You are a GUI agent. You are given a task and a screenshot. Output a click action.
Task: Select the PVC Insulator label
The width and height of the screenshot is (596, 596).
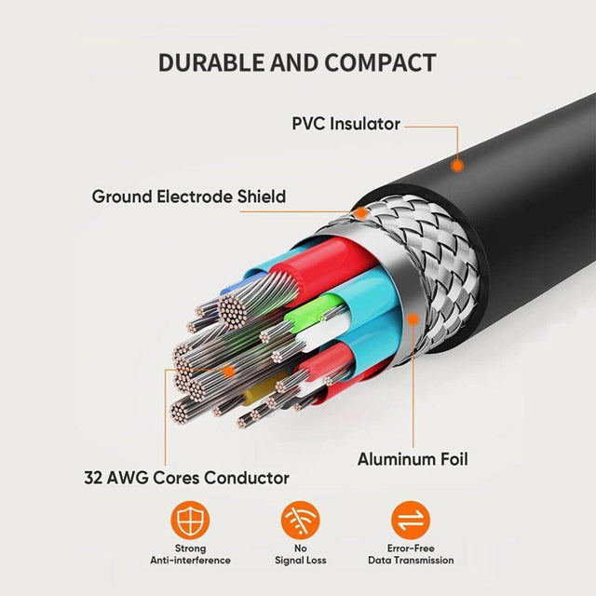tap(345, 124)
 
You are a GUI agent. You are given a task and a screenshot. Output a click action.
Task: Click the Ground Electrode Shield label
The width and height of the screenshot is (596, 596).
tap(188, 196)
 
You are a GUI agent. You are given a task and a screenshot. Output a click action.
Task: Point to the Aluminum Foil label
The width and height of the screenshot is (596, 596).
tap(413, 459)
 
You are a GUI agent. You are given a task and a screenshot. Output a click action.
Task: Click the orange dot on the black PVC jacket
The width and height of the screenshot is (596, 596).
tap(457, 166)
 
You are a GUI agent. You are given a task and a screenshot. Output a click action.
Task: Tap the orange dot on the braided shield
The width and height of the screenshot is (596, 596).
tap(360, 213)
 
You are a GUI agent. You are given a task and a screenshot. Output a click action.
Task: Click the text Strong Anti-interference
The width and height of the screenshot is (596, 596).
tap(191, 555)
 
